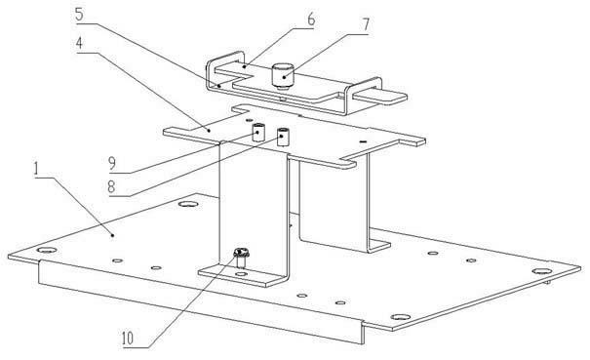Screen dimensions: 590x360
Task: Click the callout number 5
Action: (x=79, y=15)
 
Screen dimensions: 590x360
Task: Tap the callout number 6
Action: (x=311, y=20)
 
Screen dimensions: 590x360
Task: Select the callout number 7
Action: (x=366, y=24)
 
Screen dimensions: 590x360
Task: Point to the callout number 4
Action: (x=79, y=43)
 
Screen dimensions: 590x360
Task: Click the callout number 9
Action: (x=112, y=164)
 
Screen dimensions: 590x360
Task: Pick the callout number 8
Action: (x=111, y=186)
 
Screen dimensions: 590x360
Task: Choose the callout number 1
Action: (x=36, y=169)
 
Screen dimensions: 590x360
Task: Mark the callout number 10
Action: (x=128, y=339)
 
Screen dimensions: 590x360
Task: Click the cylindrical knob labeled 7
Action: (x=283, y=75)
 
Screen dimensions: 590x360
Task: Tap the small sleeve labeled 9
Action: (x=258, y=132)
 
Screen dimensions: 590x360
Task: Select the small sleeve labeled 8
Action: (x=283, y=137)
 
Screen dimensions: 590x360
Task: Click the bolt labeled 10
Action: (x=241, y=258)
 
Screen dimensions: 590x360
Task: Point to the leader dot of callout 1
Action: (x=112, y=235)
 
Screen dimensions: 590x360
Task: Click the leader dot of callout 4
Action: (x=209, y=131)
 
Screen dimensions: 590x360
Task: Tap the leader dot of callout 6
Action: (x=245, y=66)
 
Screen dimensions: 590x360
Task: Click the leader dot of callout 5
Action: (x=219, y=86)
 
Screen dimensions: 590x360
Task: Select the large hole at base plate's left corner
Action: (x=47, y=250)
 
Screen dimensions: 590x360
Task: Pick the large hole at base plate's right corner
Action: (x=542, y=271)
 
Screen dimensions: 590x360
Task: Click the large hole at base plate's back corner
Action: (x=188, y=204)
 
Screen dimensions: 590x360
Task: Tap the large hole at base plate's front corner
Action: (x=401, y=317)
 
